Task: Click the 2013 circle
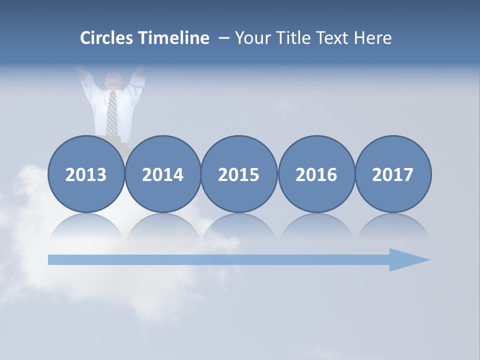click(x=86, y=174)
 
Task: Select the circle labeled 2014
click(x=163, y=174)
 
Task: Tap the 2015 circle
click(x=239, y=174)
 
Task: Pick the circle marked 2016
click(x=316, y=174)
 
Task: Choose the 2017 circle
click(x=393, y=174)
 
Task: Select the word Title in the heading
click(x=293, y=38)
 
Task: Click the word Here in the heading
click(x=373, y=38)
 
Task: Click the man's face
click(x=113, y=80)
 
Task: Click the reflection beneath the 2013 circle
click(x=86, y=227)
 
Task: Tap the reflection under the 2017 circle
click(x=393, y=227)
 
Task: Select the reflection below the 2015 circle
click(x=239, y=227)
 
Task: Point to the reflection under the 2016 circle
click(x=316, y=227)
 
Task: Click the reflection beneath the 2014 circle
click(x=163, y=227)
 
